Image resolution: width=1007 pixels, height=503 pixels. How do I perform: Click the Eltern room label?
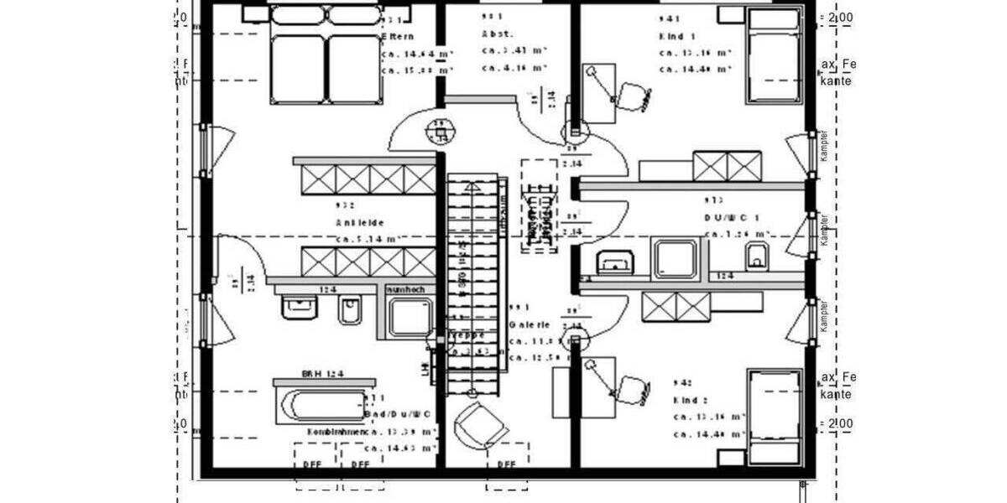click(x=396, y=38)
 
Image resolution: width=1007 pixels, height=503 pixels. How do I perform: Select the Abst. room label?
click(x=496, y=34)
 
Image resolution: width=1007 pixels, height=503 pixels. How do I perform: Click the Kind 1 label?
click(x=678, y=37)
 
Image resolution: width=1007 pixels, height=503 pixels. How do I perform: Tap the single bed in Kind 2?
click(x=774, y=416)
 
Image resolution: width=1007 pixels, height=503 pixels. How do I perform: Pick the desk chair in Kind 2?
click(x=631, y=389)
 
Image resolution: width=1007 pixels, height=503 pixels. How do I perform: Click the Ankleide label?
click(x=360, y=223)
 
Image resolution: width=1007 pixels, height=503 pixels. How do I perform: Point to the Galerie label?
click(x=530, y=324)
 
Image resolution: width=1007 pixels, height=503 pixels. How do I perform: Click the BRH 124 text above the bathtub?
click(x=323, y=374)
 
